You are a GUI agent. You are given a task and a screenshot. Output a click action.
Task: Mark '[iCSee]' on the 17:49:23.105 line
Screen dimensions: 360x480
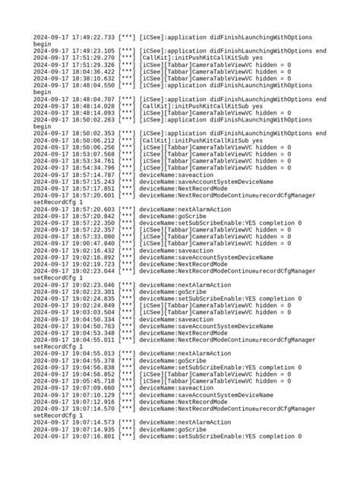152,50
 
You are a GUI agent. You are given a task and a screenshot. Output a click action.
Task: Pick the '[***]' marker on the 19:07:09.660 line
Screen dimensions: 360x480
128,387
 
